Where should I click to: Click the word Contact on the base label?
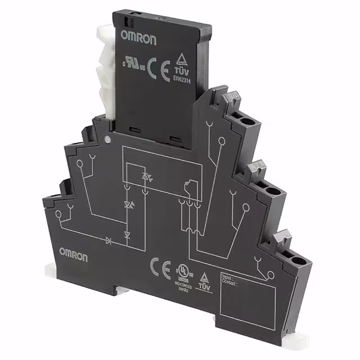pos(231,283)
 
